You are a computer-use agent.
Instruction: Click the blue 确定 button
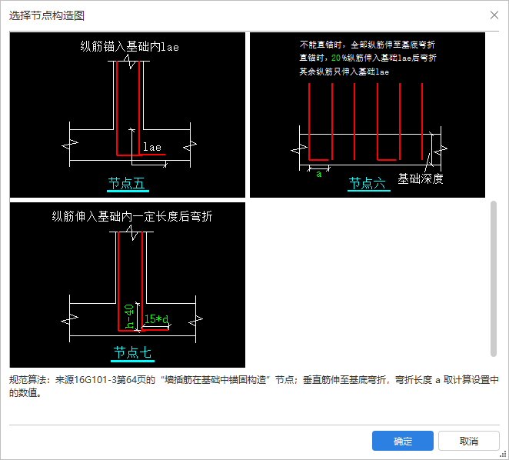403,441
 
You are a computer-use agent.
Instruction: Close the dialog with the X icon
494,15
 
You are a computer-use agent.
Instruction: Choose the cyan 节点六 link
368,184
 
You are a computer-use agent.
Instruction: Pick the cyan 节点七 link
132,353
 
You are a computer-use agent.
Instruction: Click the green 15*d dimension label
156,319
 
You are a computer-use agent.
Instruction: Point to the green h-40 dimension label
129,316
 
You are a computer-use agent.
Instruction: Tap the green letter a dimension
319,175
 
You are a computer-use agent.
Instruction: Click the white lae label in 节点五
152,147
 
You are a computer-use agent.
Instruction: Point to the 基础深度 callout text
421,178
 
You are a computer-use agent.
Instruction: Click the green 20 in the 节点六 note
336,58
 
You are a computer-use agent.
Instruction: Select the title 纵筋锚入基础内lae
129,47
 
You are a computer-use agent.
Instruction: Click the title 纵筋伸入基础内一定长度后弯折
131,216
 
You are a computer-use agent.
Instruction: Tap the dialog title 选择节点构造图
47,15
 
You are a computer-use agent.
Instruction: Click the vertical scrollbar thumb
494,278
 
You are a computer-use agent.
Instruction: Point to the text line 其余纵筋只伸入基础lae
344,72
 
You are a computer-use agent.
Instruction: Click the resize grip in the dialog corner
504,455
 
